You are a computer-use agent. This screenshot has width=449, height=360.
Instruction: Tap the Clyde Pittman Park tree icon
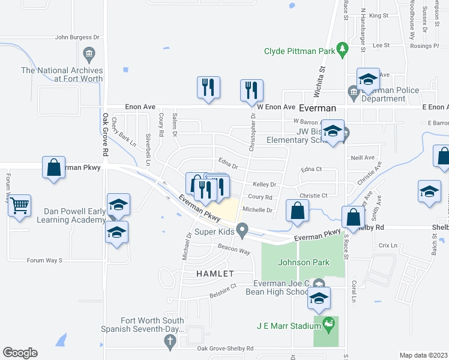tap(342, 47)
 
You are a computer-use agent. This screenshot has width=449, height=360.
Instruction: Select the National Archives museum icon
tap(89, 55)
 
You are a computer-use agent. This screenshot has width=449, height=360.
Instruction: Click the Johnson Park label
tap(296, 262)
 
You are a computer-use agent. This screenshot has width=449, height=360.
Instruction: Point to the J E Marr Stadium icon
tap(328, 326)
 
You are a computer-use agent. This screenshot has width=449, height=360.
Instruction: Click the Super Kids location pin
tap(242, 230)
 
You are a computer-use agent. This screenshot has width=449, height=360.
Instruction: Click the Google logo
tap(20, 353)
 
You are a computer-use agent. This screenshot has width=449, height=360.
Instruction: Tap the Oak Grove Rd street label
tap(104, 136)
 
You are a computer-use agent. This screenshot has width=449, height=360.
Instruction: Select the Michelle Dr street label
tap(258, 211)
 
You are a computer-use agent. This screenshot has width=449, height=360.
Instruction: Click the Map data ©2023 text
tap(423, 355)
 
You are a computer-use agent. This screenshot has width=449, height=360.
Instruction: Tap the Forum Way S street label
tap(45, 260)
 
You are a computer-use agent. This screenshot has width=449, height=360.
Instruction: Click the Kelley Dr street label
tap(264, 185)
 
